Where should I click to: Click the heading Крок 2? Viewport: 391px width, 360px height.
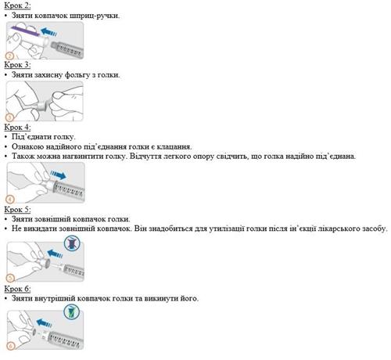17,5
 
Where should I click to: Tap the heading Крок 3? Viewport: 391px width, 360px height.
17,65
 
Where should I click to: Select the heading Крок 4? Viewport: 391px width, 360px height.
17,127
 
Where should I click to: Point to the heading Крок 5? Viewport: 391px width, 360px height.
17,210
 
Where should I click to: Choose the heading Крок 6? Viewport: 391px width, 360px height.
17,289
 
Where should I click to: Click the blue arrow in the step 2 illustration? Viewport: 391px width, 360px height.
48,32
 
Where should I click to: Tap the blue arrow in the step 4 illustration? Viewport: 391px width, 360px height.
58,175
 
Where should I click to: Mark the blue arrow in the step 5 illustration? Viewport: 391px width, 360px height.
55,254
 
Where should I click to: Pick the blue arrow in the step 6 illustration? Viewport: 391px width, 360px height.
45,323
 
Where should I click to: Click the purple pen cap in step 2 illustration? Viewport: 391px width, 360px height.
25,31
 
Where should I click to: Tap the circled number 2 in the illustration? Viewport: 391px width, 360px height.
9,56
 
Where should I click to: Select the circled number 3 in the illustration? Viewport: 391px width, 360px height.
9,117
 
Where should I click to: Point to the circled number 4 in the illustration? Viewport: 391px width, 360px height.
10,200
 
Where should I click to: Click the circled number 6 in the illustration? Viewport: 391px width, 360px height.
11,346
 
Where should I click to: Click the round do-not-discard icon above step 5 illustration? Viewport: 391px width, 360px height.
72,243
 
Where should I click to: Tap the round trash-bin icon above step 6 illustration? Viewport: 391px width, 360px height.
72,311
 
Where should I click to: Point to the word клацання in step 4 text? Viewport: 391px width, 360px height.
174,146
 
